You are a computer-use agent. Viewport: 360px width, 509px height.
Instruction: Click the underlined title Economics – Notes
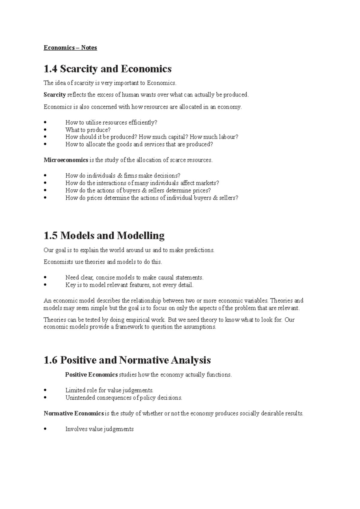(70, 48)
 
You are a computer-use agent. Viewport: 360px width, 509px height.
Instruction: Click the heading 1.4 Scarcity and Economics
(107, 69)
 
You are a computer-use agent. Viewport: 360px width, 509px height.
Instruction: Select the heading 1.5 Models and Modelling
(104, 236)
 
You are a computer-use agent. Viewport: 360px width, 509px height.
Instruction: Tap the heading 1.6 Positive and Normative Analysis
(127, 360)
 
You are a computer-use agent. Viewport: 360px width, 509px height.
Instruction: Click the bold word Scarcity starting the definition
(55, 95)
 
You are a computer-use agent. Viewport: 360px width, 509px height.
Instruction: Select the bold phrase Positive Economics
(91, 375)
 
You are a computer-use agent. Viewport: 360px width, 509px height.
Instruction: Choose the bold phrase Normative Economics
(73, 414)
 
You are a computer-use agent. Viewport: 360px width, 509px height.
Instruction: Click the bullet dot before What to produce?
(45, 130)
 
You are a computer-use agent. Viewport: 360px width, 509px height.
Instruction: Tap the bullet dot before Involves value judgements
(45, 429)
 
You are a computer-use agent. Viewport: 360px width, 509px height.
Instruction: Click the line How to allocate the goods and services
(139, 144)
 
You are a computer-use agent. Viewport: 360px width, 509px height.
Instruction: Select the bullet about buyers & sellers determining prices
(138, 191)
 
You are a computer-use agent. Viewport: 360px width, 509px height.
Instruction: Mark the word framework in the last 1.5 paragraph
(129, 327)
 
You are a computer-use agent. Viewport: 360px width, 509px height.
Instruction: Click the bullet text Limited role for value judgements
(109, 390)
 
